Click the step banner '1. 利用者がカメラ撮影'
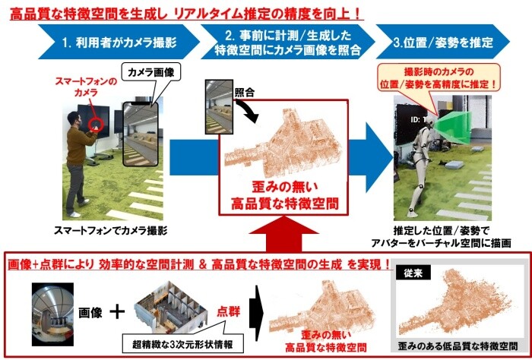[119, 42]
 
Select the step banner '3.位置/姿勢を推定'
[443, 42]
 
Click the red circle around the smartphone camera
[95, 125]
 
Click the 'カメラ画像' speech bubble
[151, 73]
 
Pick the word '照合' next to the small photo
[245, 93]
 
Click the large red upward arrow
[283, 234]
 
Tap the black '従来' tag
[413, 273]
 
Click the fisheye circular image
[52, 314]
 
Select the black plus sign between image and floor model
[117, 312]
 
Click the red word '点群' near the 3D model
[229, 312]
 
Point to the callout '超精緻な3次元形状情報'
[182, 344]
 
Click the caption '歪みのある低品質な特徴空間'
[458, 346]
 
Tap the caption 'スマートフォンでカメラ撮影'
[111, 231]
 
